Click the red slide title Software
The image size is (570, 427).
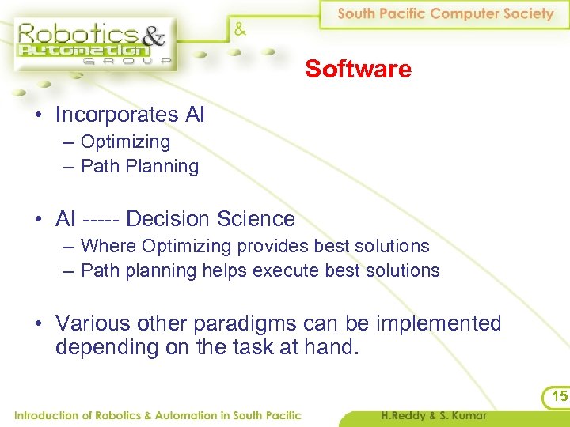coord(358,70)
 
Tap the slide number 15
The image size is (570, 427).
coord(559,395)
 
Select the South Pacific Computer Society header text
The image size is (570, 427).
coord(446,14)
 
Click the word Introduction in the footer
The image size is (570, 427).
coord(46,415)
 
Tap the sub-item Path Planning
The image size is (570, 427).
coord(139,167)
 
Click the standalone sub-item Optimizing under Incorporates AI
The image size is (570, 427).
coord(125,142)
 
